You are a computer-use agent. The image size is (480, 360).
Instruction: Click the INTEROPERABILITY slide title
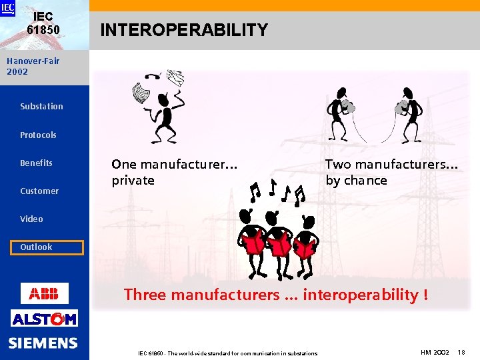184,30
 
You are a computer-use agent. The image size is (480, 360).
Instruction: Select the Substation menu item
41,106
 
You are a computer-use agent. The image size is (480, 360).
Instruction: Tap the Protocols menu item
38,135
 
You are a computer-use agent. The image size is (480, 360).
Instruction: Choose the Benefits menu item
36,163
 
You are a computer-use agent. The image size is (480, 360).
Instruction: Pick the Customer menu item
39,191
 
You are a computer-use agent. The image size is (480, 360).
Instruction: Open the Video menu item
31,219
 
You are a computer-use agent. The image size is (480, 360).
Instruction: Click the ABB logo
44,293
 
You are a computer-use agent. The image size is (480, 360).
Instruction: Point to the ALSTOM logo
44,319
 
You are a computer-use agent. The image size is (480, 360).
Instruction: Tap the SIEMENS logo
43,343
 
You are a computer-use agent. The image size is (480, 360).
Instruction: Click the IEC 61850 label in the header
43,24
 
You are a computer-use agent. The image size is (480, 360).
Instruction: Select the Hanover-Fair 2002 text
33,66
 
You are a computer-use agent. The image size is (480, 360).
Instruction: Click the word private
133,181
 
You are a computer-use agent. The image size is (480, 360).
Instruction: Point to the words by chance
356,181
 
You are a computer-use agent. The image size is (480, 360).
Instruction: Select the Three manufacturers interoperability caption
276,295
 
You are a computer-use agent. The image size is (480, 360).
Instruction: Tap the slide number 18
463,351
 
